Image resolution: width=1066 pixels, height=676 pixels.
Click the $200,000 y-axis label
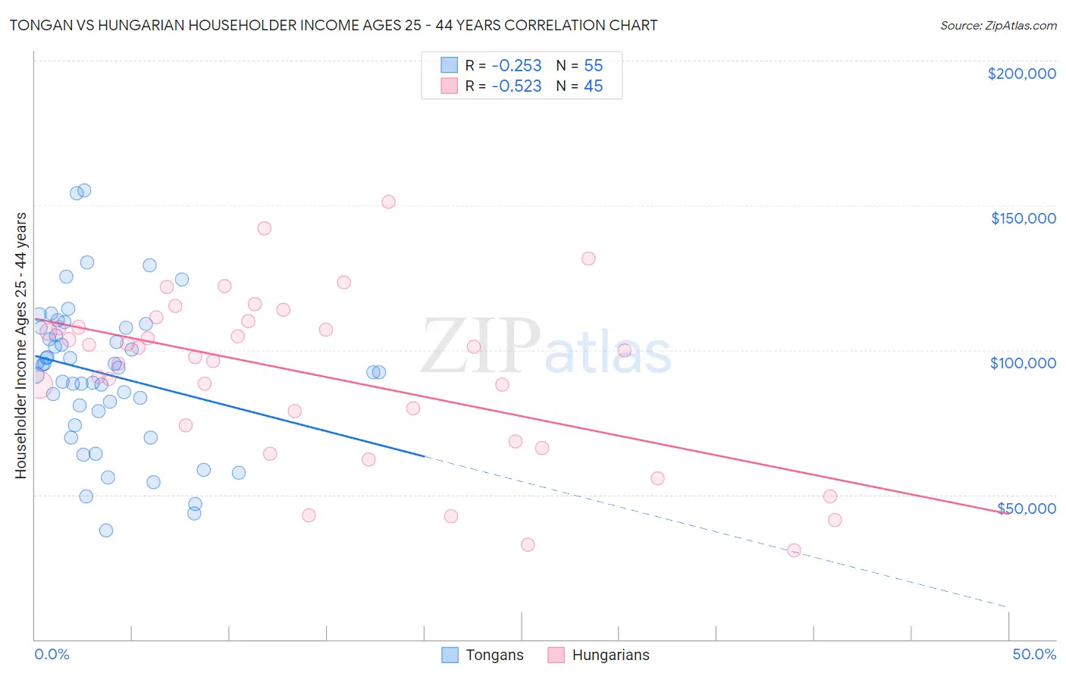pos(1021,74)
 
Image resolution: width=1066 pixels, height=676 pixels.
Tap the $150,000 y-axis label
pos(1023,218)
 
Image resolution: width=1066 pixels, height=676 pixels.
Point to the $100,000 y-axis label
pos(1023,363)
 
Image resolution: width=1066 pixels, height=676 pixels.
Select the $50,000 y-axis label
pos(1027,508)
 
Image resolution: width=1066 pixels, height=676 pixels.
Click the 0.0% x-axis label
pos(52,654)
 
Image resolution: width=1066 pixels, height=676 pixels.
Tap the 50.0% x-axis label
pos(1034,654)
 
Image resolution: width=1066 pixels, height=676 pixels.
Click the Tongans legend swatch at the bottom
pos(450,655)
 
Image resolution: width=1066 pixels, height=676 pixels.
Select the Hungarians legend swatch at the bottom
pos(557,655)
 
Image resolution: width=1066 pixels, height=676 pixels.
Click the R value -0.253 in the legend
pos(516,65)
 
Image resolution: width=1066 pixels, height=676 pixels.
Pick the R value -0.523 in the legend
pos(516,86)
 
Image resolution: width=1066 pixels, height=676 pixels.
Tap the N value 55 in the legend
pos(593,65)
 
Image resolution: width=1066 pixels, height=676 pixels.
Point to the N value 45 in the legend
pos(593,86)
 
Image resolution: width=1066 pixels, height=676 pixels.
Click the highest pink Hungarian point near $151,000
pos(388,202)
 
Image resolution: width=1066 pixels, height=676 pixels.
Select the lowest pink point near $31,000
pos(794,550)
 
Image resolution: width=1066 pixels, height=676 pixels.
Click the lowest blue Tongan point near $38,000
pos(106,530)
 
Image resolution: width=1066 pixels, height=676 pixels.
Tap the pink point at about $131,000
pos(588,258)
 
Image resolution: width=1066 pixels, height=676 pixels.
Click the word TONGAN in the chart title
pos(38,25)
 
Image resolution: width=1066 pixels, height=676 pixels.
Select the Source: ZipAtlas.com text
pos(998,25)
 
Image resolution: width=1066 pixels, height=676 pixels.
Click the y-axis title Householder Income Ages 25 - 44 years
pos(20,346)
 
